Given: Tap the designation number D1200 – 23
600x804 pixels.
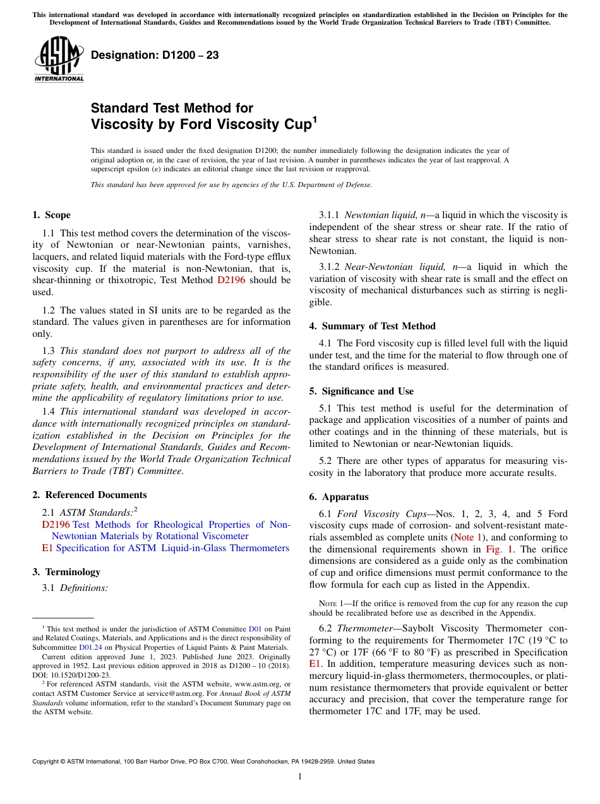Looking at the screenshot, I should point(155,55).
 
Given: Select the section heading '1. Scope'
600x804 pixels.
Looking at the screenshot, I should point(51,215).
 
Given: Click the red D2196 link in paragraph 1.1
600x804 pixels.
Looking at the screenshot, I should point(231,280).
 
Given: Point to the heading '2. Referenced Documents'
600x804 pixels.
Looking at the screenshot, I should point(89,495).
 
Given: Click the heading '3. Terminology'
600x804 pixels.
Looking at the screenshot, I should point(66,572).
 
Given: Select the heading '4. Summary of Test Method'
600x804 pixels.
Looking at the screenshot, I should point(372,326).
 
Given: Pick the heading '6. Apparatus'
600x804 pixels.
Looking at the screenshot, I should point(339,497).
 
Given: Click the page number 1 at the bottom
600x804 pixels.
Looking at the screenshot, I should point(300,776).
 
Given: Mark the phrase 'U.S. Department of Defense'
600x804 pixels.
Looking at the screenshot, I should point(328,185).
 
